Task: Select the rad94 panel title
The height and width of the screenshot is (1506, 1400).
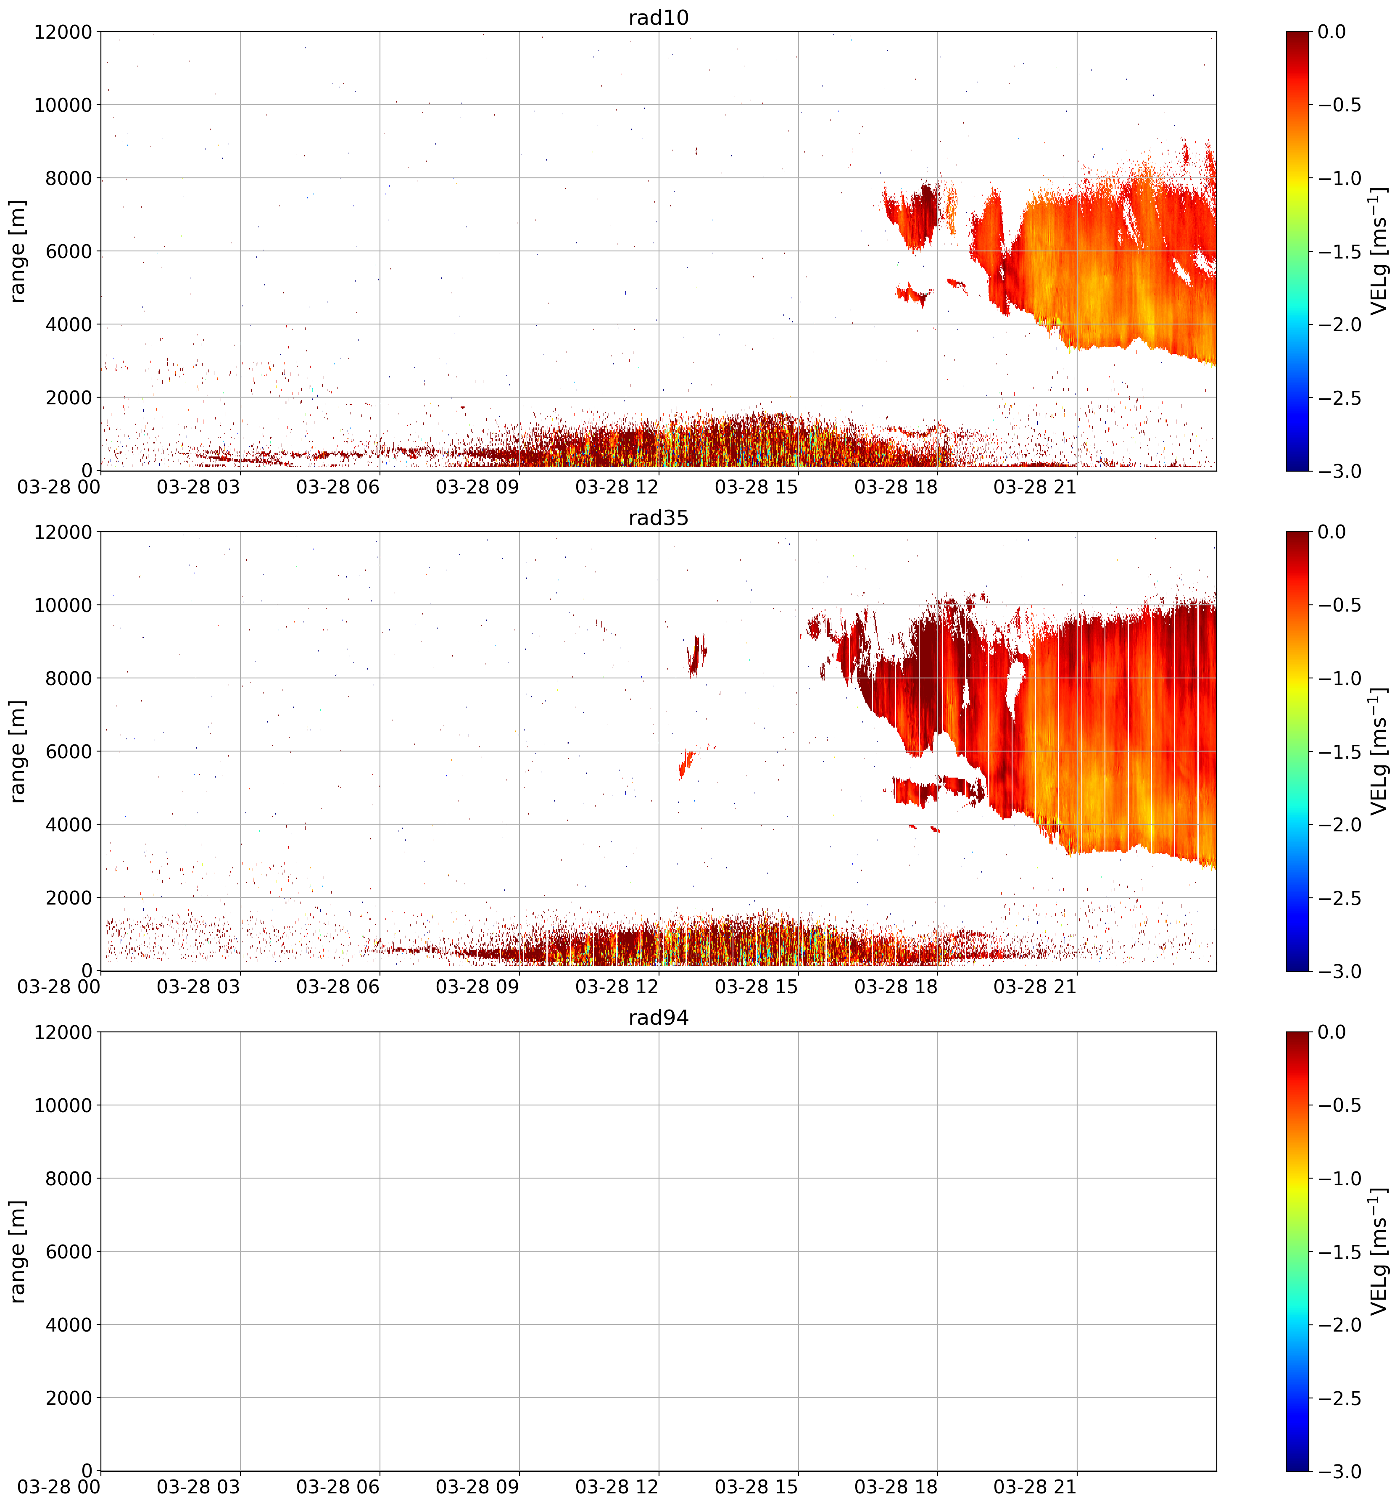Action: click(658, 1018)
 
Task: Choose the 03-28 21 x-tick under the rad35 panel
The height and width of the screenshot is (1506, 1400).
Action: click(1035, 987)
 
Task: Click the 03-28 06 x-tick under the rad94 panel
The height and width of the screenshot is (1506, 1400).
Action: click(338, 1487)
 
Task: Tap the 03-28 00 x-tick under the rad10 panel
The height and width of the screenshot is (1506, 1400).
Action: click(59, 487)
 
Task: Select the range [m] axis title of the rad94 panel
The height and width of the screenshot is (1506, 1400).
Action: click(18, 1251)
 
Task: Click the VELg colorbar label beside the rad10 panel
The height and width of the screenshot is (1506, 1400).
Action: click(1379, 251)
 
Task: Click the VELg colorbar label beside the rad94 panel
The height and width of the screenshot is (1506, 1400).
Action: click(1379, 1251)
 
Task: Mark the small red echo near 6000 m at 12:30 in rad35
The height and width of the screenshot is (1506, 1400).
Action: click(685, 763)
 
